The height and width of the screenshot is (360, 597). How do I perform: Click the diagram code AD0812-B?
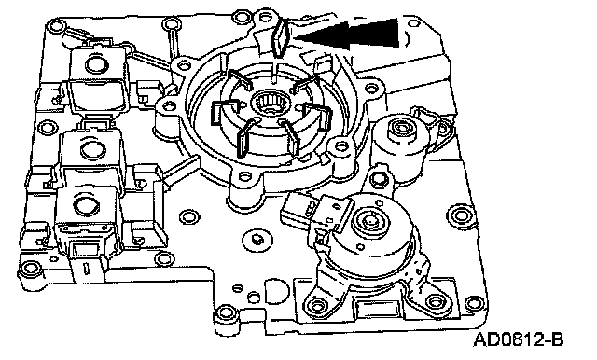519,339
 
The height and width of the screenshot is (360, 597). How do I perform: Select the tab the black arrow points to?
280,37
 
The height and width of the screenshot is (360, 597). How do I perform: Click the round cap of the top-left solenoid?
95,63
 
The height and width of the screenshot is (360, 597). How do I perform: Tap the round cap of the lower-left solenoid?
85,205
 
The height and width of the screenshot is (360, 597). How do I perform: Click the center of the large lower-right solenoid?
370,221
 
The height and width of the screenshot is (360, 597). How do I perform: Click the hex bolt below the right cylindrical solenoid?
379,177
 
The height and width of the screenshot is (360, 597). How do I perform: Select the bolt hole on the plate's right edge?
460,215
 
